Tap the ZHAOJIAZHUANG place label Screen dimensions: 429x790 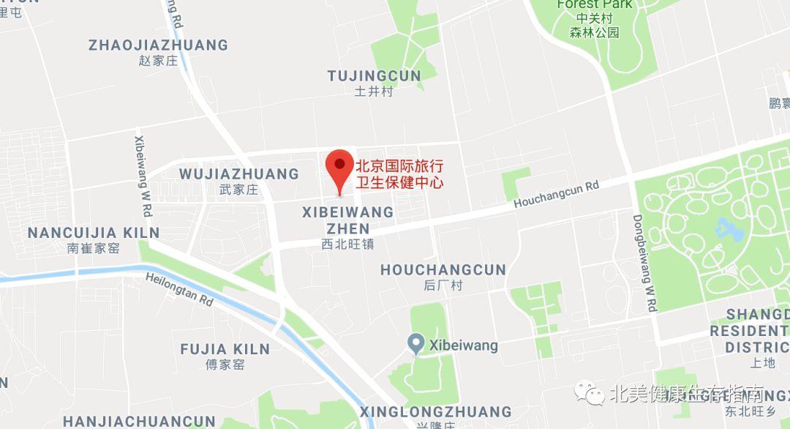point(158,45)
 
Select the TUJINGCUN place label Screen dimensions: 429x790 point(374,76)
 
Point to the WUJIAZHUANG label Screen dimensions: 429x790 point(239,174)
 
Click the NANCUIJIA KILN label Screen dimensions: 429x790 point(93,234)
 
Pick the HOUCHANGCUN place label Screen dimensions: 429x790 point(443,270)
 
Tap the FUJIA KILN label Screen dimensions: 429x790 point(225,349)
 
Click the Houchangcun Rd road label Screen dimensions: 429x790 point(556,194)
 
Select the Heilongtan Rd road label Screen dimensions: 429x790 point(179,289)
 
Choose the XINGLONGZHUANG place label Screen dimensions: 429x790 point(435,411)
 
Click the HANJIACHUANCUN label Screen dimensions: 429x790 point(139,422)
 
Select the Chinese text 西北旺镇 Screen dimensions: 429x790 point(348,245)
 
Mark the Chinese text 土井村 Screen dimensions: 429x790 point(374,92)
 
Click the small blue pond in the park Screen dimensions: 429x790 point(729,230)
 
